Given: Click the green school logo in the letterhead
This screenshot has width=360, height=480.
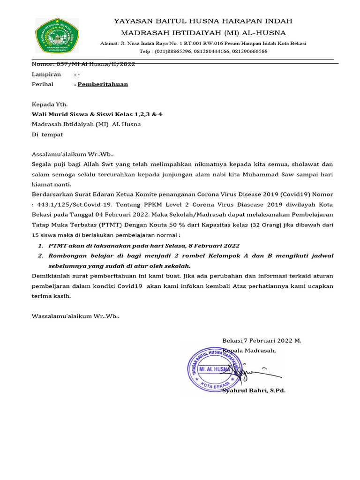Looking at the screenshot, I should (57, 36).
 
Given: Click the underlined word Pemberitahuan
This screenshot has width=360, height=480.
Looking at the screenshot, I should (103, 84).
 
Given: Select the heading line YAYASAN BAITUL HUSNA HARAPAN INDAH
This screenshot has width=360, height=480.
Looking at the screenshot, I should (203, 21).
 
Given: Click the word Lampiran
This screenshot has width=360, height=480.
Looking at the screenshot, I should (46, 75).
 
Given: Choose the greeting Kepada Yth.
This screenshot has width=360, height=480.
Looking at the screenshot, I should (49, 104).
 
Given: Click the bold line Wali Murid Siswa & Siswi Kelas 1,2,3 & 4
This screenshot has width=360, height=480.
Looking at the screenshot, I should (97, 114).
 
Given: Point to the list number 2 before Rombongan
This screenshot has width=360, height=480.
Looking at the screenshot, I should (41, 255).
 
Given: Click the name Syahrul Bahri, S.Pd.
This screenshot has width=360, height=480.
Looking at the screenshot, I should (254, 390).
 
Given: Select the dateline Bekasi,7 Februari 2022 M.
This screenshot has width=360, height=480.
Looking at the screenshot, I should (262, 341).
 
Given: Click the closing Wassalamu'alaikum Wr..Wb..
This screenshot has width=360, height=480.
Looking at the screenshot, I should (75, 316).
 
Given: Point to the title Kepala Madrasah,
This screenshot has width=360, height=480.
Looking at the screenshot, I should (249, 350).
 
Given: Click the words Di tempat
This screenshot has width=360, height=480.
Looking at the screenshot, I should (47, 135).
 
